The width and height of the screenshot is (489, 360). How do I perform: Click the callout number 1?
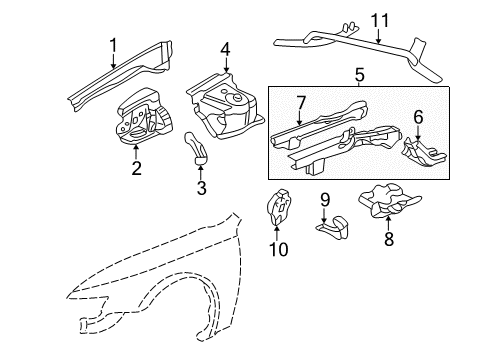click(x=114, y=44)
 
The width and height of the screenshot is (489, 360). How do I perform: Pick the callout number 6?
click(x=417, y=117)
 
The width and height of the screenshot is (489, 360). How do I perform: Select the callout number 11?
click(x=380, y=20)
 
